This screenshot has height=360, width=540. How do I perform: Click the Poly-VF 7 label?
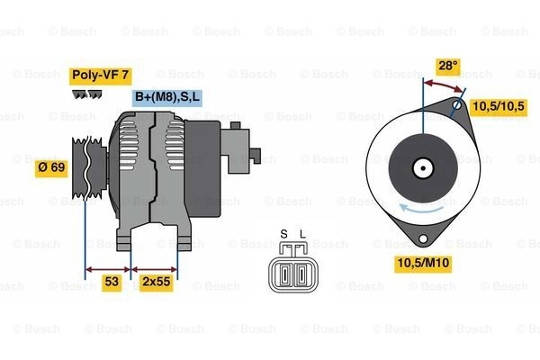point(101,76)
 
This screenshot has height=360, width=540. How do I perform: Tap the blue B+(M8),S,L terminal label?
point(167,97)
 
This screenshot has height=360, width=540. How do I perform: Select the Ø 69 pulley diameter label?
point(51,167)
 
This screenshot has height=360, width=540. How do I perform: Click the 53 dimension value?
point(112,282)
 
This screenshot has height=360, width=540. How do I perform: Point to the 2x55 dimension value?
point(157,282)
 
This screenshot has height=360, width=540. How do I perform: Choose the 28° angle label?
point(447,66)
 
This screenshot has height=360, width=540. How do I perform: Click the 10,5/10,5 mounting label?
point(499,106)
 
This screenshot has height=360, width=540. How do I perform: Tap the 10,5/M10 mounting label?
point(423,263)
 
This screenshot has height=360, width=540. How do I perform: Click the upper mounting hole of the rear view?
point(457,104)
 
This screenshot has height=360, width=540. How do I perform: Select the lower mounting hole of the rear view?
point(423,238)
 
